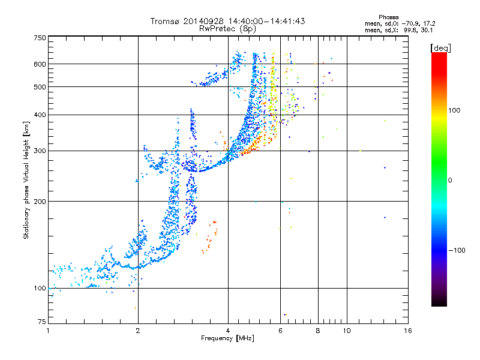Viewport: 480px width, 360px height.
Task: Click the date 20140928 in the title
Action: click(x=203, y=21)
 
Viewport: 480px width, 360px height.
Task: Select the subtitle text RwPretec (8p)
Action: click(x=227, y=29)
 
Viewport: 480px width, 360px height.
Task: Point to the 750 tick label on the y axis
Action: click(x=40, y=38)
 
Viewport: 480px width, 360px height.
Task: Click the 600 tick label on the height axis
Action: click(x=40, y=64)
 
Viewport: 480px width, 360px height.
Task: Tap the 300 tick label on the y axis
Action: click(x=40, y=151)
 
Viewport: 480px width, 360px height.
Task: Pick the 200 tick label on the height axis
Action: click(x=40, y=201)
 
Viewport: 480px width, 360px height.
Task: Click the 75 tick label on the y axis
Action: click(x=42, y=322)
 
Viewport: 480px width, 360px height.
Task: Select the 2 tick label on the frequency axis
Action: click(x=138, y=331)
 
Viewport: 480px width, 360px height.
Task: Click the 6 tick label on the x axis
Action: click(x=280, y=331)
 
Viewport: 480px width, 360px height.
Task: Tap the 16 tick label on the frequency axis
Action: click(x=408, y=331)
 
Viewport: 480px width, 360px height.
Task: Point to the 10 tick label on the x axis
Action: click(x=347, y=331)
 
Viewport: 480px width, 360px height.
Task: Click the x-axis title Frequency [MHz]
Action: click(x=227, y=338)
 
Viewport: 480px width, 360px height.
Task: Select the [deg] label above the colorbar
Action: click(x=440, y=48)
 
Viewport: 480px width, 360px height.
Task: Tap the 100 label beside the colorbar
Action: click(x=454, y=110)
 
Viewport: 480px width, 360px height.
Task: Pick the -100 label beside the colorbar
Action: click(x=457, y=250)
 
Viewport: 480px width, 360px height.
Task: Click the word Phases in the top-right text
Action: click(x=388, y=17)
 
